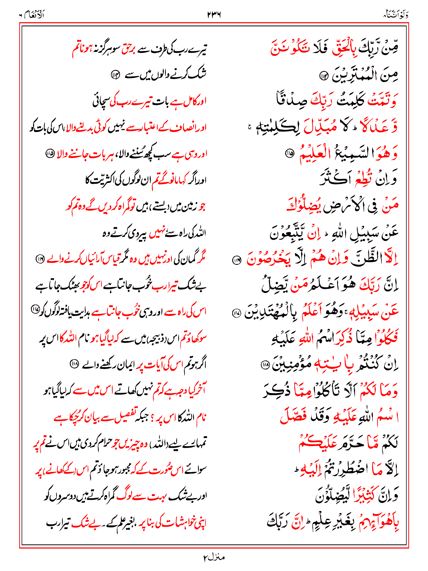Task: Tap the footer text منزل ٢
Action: click(214, 557)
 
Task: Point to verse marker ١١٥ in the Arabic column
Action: click(290, 153)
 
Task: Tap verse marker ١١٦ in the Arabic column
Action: click(237, 260)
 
